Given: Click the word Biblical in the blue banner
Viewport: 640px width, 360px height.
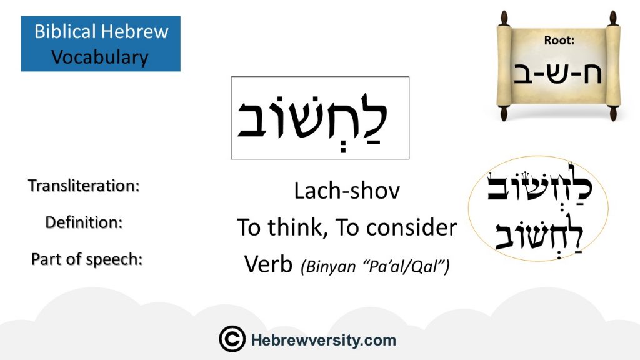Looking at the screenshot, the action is [x=65, y=31].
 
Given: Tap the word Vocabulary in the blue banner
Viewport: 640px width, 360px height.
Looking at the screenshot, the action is [x=100, y=57].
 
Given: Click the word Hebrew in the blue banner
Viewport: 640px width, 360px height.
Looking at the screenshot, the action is [x=135, y=31].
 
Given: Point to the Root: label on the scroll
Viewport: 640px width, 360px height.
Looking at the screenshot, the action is [x=559, y=40].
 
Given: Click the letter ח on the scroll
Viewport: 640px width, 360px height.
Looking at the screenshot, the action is [x=591, y=73].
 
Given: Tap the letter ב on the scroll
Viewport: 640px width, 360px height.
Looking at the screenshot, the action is [x=524, y=74].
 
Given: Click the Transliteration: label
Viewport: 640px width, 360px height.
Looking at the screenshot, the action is [x=84, y=186].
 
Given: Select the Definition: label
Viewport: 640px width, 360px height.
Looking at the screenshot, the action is [x=84, y=222].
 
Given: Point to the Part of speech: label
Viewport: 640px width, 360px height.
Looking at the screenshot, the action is [x=87, y=259].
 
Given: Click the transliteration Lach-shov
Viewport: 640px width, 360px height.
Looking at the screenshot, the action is [x=347, y=191].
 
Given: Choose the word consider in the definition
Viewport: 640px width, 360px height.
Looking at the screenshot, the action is [x=411, y=227].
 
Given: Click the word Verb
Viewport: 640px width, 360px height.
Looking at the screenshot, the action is [x=268, y=264].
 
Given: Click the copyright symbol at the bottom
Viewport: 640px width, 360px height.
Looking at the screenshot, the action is [x=232, y=339].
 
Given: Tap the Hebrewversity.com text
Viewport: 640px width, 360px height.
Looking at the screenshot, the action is [x=324, y=340].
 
